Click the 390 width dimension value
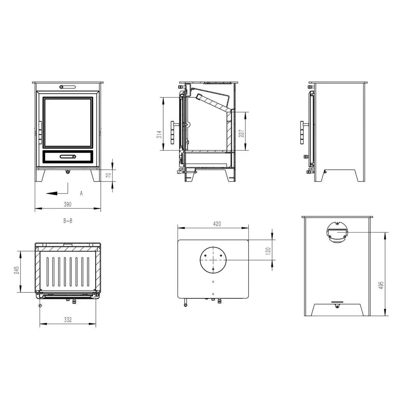67,204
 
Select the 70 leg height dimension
108,175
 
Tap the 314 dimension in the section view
159,134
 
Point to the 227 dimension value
241,134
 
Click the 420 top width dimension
217,224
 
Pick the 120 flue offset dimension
268,251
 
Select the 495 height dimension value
381,285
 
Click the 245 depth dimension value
16,270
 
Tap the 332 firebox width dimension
68,320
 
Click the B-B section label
68,221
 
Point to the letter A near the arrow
81,194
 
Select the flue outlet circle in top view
213,260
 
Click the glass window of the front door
68,122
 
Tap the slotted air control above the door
67,87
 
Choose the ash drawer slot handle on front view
68,157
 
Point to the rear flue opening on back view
337,232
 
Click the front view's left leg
40,175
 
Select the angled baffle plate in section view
213,103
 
